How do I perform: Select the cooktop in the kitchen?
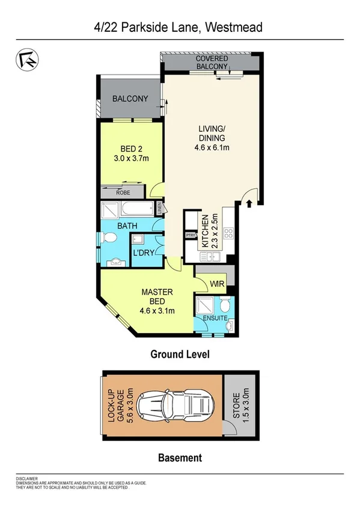[228, 235]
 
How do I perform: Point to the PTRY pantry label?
[191, 235]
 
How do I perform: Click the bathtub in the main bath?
[137, 210]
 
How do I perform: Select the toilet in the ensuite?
[225, 304]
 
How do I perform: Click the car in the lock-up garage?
[171, 403]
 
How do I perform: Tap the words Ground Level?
[180, 355]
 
